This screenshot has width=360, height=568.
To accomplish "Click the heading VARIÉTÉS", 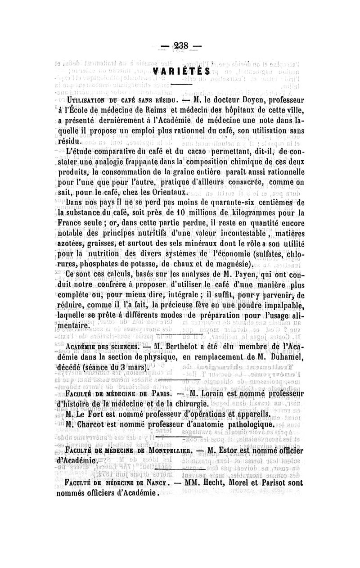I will click(x=182, y=72).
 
